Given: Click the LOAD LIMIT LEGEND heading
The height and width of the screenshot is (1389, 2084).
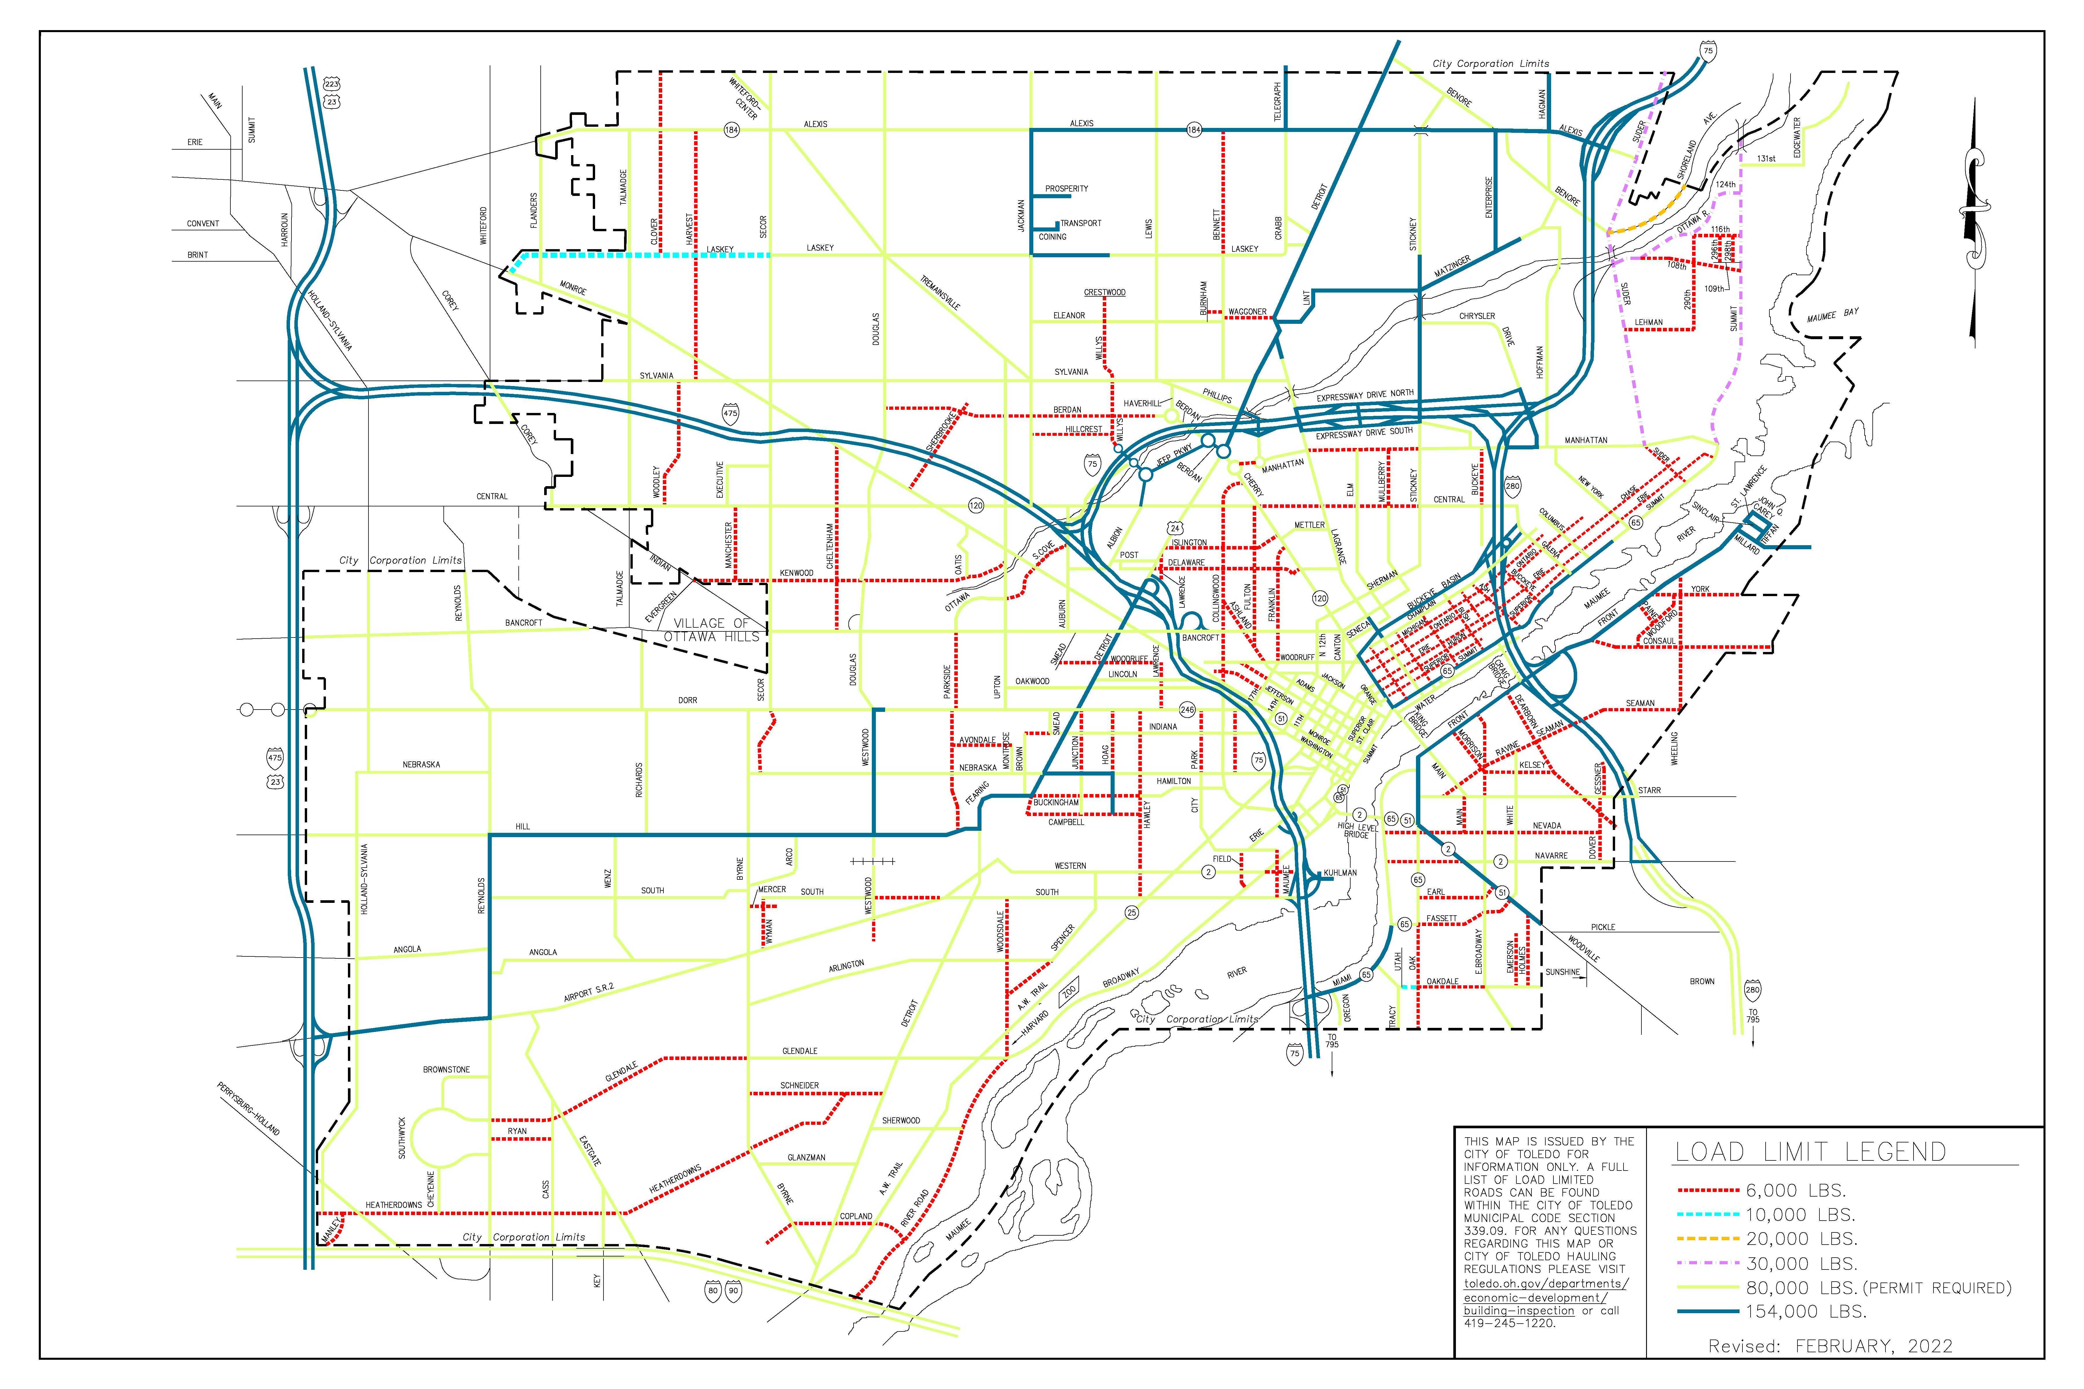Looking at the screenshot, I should click(1809, 1153).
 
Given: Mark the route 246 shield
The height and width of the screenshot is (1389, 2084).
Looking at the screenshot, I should click(1186, 710).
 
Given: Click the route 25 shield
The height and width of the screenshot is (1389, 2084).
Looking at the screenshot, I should click(1131, 912).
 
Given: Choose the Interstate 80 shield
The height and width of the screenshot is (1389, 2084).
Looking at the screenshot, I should click(713, 1291).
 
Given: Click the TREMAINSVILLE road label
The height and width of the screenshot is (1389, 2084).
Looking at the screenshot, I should click(940, 292).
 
